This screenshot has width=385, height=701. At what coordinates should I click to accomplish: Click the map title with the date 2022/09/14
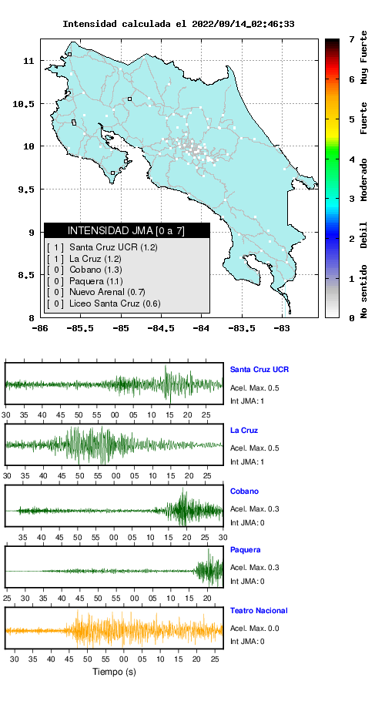[x=178, y=24]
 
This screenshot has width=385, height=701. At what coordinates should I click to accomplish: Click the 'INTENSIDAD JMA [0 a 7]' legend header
[x=126, y=230]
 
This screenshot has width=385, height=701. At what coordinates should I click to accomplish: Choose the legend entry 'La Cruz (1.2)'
[x=95, y=258]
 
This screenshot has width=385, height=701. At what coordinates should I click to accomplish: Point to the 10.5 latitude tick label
[x=24, y=104]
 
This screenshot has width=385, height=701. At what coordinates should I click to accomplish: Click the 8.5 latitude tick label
[x=26, y=275]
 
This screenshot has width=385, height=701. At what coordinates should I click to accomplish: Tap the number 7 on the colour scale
[x=352, y=39]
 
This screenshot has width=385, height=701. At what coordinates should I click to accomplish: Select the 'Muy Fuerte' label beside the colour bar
[x=364, y=57]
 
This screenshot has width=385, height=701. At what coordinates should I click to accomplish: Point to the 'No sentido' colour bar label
[x=364, y=291]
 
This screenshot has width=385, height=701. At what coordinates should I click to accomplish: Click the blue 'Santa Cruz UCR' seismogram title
[x=259, y=369]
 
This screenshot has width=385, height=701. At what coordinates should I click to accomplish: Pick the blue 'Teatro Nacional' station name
[x=259, y=610]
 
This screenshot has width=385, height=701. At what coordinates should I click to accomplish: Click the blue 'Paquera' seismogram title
[x=245, y=549]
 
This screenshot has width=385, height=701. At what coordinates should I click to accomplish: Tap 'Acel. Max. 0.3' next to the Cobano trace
[x=255, y=508]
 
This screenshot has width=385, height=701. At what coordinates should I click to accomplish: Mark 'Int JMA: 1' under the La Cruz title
[x=247, y=461]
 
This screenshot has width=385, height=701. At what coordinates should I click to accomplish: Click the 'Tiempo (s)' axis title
[x=114, y=672]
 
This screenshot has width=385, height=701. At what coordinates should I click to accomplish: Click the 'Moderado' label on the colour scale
[x=364, y=179]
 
